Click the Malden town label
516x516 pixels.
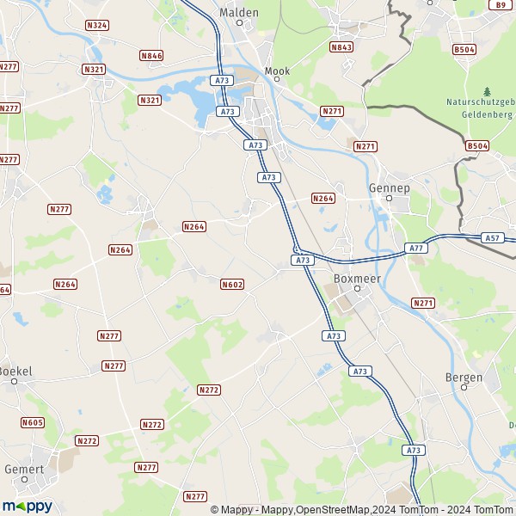[238, 13]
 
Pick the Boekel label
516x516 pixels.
[15, 371]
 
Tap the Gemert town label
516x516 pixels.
[23, 470]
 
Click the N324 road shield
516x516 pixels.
[97, 26]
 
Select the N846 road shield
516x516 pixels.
[150, 56]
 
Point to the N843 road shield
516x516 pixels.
[341, 47]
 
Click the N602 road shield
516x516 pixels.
[231, 284]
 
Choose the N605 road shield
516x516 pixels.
[33, 422]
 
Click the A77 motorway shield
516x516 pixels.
[416, 248]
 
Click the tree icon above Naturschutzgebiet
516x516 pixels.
[487, 91]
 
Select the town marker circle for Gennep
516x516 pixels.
[389, 198]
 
